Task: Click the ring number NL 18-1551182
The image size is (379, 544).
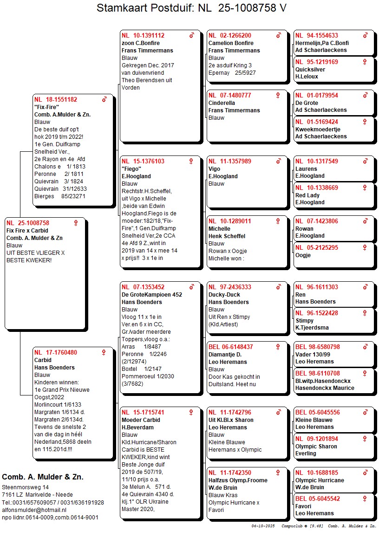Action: coord(56,99)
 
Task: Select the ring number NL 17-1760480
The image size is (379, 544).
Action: coord(56,352)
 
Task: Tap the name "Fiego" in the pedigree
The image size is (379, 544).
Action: coord(131,169)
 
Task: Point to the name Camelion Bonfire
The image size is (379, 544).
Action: coord(231,43)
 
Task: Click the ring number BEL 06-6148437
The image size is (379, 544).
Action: coord(230,347)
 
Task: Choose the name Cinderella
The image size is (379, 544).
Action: coord(222,103)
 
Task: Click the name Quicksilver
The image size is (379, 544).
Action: coord(310,69)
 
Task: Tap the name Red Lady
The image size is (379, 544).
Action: coord(307,195)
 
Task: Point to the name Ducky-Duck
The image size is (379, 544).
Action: coord(225,295)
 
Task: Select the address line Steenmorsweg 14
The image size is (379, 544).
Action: coord(26,487)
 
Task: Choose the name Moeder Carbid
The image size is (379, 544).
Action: coord(141,420)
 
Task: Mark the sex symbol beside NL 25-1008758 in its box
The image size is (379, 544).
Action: coord(76,223)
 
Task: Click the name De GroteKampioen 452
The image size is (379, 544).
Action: coord(152,294)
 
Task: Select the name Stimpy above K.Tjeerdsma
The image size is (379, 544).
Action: coord(305,320)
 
